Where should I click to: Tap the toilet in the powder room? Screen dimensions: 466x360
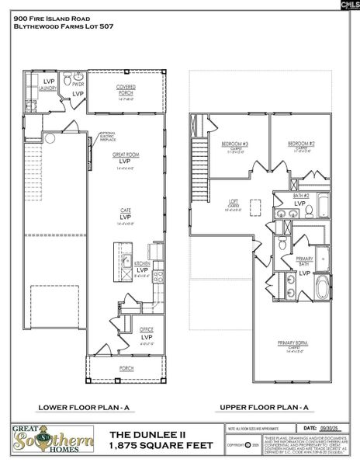click(x=68, y=81)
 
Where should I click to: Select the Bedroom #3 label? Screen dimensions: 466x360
click(x=234, y=144)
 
